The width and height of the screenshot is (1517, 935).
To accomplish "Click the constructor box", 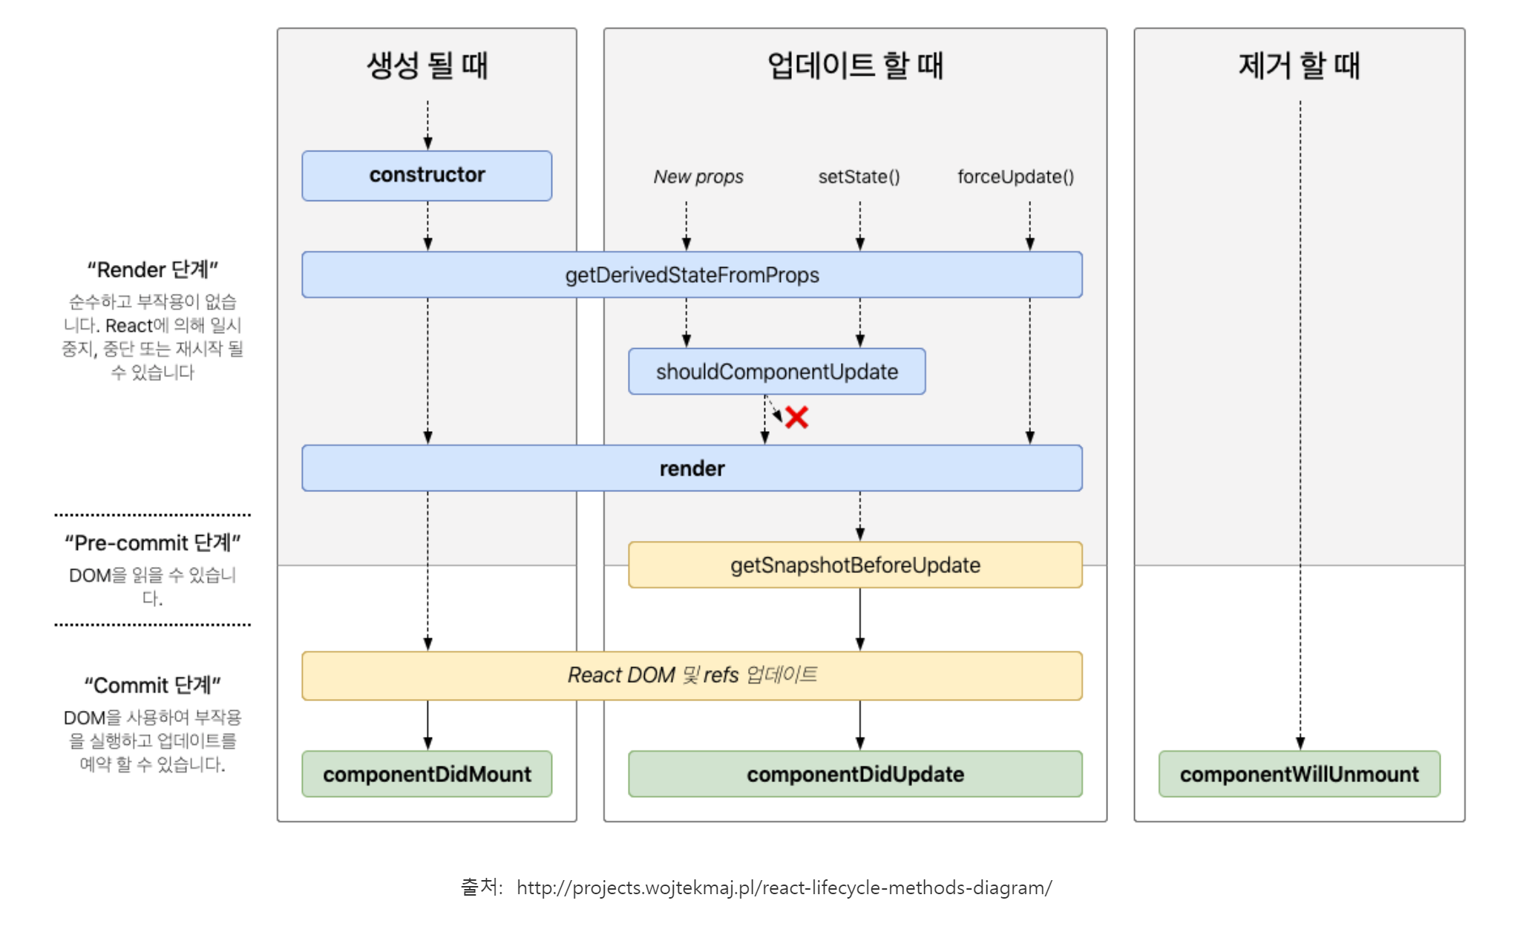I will (427, 175).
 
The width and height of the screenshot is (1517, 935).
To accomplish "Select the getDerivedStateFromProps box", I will (692, 275).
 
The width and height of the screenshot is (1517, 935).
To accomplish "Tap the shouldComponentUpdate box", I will (776, 371).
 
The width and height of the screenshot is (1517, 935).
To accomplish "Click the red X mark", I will (796, 417).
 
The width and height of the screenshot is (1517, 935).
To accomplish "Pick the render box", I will (692, 468).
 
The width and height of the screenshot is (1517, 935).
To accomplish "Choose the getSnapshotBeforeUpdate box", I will (855, 565).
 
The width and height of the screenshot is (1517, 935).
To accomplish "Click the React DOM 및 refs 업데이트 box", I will (692, 675).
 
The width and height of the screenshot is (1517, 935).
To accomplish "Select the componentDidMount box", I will (427, 774).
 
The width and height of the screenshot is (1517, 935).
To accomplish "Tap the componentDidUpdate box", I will (855, 774).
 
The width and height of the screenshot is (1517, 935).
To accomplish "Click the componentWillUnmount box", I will (1299, 774).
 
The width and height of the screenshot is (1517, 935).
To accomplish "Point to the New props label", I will (698, 177).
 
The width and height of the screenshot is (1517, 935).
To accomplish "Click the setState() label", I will (859, 177).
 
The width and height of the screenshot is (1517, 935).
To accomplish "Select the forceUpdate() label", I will (1015, 177).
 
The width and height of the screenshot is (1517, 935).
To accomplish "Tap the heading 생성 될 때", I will (427, 65).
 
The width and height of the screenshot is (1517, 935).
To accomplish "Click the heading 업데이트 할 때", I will (855, 65).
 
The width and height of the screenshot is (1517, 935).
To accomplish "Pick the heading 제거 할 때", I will (1299, 65).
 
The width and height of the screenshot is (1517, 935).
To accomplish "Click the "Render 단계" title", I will (152, 269).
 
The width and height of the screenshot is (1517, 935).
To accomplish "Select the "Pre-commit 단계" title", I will (152, 542).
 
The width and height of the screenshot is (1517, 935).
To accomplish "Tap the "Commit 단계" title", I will (152, 685).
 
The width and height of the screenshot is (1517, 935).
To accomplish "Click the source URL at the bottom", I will (784, 888).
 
